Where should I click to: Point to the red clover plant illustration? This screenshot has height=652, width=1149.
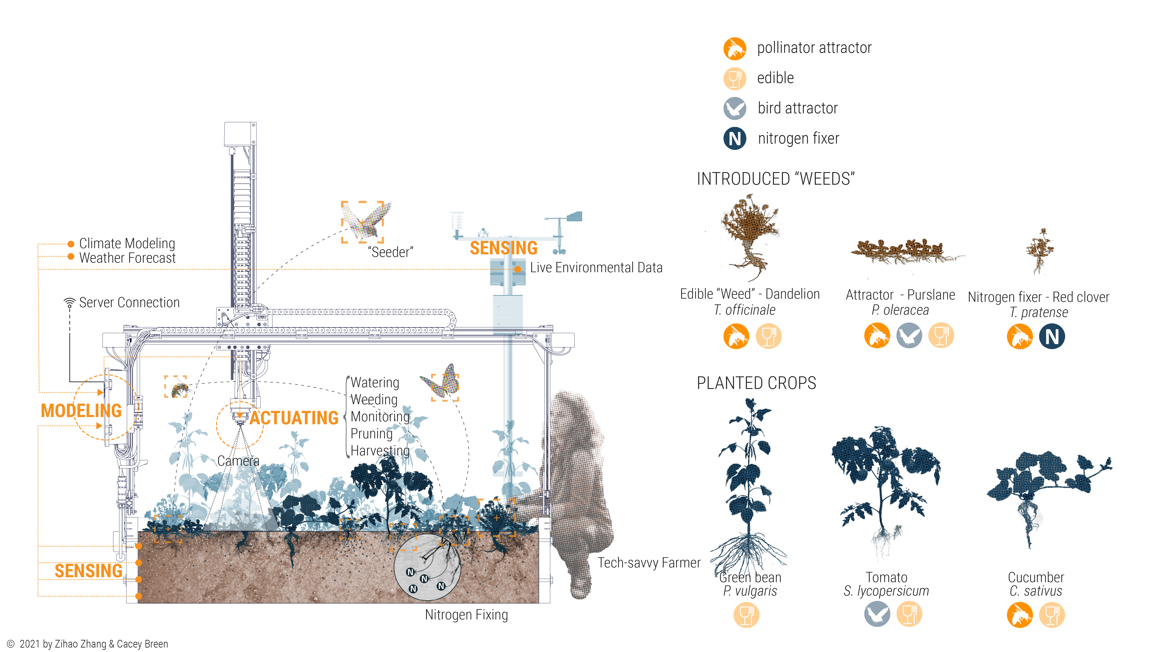pyautogui.click(x=1039, y=251)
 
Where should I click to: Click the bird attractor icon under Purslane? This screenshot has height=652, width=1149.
pyautogui.click(x=909, y=335)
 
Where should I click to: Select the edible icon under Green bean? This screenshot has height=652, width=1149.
pyautogui.click(x=746, y=615)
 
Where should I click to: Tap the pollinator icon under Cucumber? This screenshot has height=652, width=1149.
pyautogui.click(x=1020, y=615)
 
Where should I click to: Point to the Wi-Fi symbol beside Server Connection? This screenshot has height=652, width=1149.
pyautogui.click(x=70, y=303)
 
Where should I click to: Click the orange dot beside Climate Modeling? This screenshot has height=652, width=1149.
pyautogui.click(x=70, y=244)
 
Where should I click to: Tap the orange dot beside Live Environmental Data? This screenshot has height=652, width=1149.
pyautogui.click(x=517, y=269)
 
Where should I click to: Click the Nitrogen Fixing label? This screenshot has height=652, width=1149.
pyautogui.click(x=466, y=615)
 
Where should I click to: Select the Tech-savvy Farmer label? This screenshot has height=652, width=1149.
pyautogui.click(x=649, y=563)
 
